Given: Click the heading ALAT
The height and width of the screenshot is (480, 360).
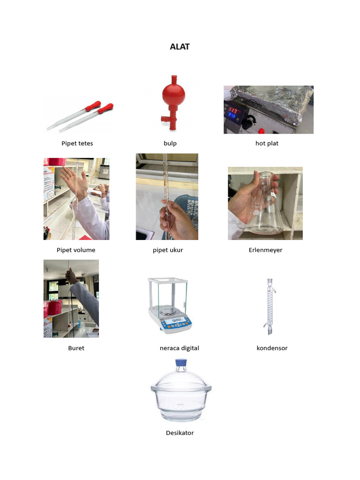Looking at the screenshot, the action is click(180, 47).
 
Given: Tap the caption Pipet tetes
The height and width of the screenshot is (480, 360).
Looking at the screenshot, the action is click(77, 143).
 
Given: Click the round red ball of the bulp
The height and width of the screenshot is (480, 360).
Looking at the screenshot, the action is click(173, 94).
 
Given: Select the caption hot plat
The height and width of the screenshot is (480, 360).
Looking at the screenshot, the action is click(267, 143).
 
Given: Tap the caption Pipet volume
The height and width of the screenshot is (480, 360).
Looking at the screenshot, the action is click(76, 250).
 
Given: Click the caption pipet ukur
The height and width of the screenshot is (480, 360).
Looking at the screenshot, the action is click(168, 250).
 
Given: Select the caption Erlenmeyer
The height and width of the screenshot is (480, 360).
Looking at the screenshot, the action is click(265, 250).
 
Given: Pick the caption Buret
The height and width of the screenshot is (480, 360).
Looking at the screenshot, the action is click(76, 348).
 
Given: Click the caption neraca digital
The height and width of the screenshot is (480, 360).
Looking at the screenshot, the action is click(180, 348).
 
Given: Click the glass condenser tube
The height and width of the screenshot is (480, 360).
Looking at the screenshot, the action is click(270, 307).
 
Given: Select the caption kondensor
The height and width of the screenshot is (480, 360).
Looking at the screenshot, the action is click(272, 348).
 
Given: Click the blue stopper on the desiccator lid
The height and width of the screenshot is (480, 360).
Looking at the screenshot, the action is click(181, 362).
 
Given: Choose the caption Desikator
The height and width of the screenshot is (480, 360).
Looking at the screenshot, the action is click(180, 433).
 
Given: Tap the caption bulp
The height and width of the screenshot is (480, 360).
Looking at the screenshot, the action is click(170, 143).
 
